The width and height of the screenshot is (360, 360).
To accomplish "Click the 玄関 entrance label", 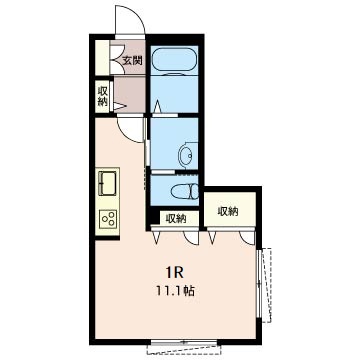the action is pyautogui.click(x=132, y=61).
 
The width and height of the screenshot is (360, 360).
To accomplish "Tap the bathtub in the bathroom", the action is pyautogui.click(x=174, y=59).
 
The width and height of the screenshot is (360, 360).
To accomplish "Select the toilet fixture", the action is pyautogui.click(x=184, y=192).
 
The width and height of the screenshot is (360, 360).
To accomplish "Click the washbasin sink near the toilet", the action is pyautogui.click(x=185, y=155).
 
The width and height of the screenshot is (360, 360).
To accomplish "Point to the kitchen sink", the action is pyautogui.click(x=107, y=182).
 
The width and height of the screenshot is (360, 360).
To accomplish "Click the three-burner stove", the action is pyautogui.click(x=108, y=219).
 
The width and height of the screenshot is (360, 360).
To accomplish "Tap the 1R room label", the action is pyautogui.click(x=175, y=273).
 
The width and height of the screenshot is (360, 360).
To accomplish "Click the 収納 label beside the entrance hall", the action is pyautogui.click(x=102, y=96).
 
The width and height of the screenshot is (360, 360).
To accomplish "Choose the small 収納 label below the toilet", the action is pyautogui.click(x=176, y=219).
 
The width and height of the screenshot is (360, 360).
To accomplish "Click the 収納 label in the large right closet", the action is pyautogui.click(x=228, y=211).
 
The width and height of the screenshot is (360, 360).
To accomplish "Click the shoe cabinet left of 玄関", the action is pyautogui.click(x=102, y=58).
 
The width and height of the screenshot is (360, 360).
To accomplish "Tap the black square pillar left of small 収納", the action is pyautogui.click(x=153, y=218).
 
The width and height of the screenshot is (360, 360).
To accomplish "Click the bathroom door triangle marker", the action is pyautogui.click(x=157, y=106).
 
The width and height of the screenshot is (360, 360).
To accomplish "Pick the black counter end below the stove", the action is pyautogui.click(x=107, y=238).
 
